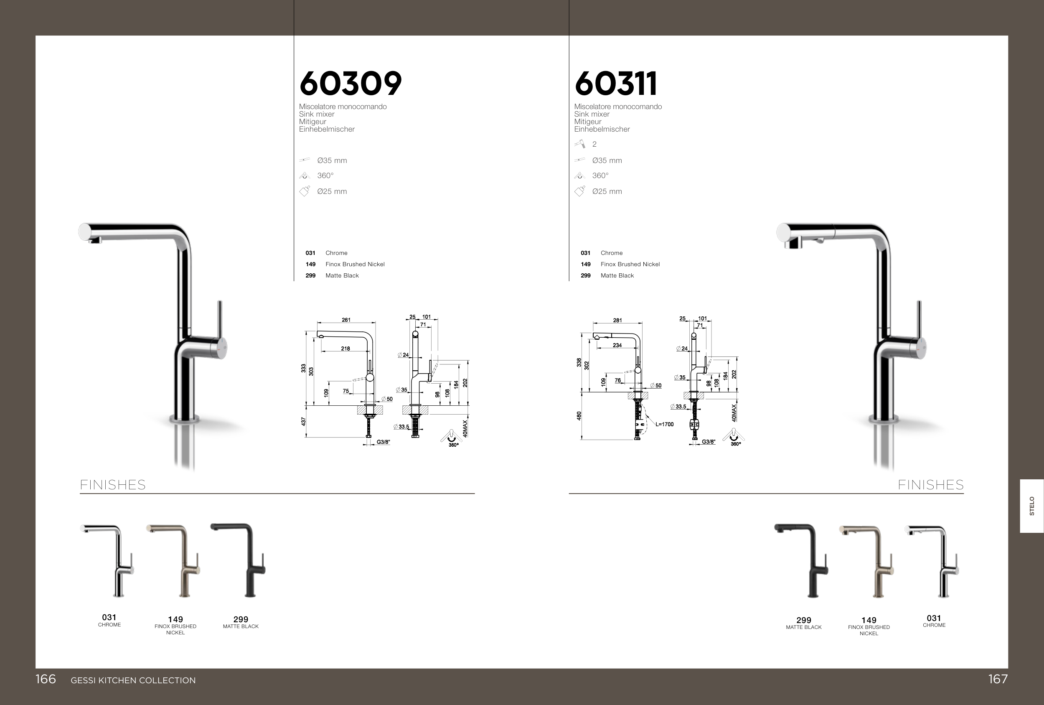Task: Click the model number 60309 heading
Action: pyautogui.click(x=351, y=84)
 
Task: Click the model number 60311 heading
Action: pyautogui.click(x=616, y=84)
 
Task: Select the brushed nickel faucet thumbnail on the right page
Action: pyautogui.click(x=866, y=562)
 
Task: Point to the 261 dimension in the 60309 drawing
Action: pyautogui.click(x=346, y=320)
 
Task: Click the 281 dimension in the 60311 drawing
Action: pyautogui.click(x=618, y=321)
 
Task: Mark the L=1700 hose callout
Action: pyautogui.click(x=664, y=424)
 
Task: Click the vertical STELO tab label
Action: pyautogui.click(x=1032, y=506)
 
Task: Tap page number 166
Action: pyautogui.click(x=46, y=679)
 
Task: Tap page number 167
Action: pyautogui.click(x=998, y=679)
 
